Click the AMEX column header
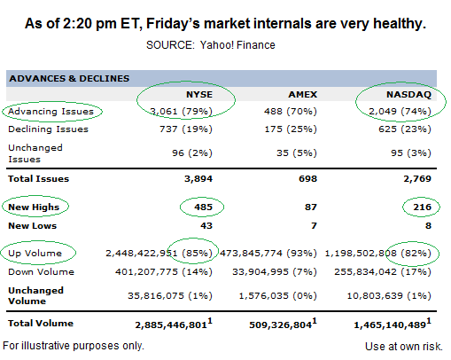(303, 95)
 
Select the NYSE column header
(199, 95)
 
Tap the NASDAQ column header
(408, 95)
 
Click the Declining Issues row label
(48, 129)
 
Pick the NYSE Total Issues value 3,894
(198, 179)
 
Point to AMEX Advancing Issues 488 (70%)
(291, 112)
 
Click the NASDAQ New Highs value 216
(423, 207)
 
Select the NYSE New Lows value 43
(206, 226)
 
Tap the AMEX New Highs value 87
(311, 207)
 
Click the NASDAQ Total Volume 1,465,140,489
(393, 324)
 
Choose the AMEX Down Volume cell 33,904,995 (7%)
(275, 272)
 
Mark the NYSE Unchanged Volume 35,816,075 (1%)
(170, 296)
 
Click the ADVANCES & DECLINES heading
(69, 79)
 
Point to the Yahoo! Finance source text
(237, 45)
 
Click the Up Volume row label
(35, 254)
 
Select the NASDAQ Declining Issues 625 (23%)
(405, 129)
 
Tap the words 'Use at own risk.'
(404, 347)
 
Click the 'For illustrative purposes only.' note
(74, 346)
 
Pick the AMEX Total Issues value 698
(308, 179)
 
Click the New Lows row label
(33, 226)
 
